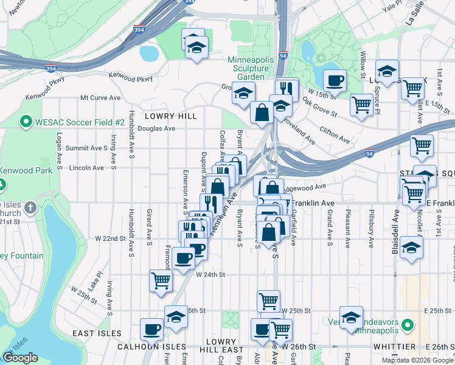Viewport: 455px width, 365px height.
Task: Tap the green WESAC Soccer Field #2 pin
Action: click(x=26, y=122)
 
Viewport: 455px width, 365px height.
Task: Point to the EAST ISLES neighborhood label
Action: click(x=97, y=333)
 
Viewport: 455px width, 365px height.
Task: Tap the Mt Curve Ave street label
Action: click(x=100, y=97)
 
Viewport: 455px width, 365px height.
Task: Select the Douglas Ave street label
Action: click(x=156, y=128)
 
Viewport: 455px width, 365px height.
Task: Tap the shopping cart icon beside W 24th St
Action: click(x=161, y=280)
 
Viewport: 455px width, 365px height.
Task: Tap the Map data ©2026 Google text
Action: click(x=417, y=360)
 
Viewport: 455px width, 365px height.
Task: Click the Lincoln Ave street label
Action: click(x=88, y=167)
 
